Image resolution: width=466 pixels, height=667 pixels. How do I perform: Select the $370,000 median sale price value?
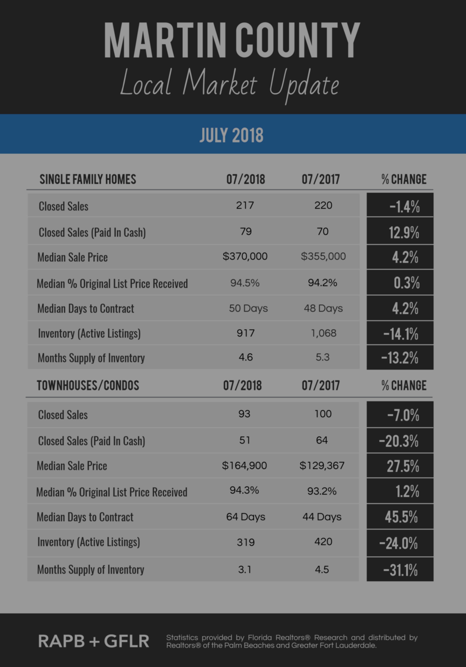point(245,256)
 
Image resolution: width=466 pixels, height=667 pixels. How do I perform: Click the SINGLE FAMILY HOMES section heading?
point(88,179)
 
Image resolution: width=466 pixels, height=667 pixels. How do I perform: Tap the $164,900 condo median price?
point(244,465)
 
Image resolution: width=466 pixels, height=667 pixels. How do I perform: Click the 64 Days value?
point(246,517)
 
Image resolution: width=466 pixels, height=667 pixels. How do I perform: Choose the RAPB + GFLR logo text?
point(94,641)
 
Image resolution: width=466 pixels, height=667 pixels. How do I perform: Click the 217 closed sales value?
point(245,205)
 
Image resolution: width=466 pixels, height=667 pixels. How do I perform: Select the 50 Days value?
point(248,308)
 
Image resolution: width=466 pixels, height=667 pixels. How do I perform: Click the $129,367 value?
point(322,465)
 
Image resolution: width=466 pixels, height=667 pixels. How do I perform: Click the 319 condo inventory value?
point(246,542)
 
